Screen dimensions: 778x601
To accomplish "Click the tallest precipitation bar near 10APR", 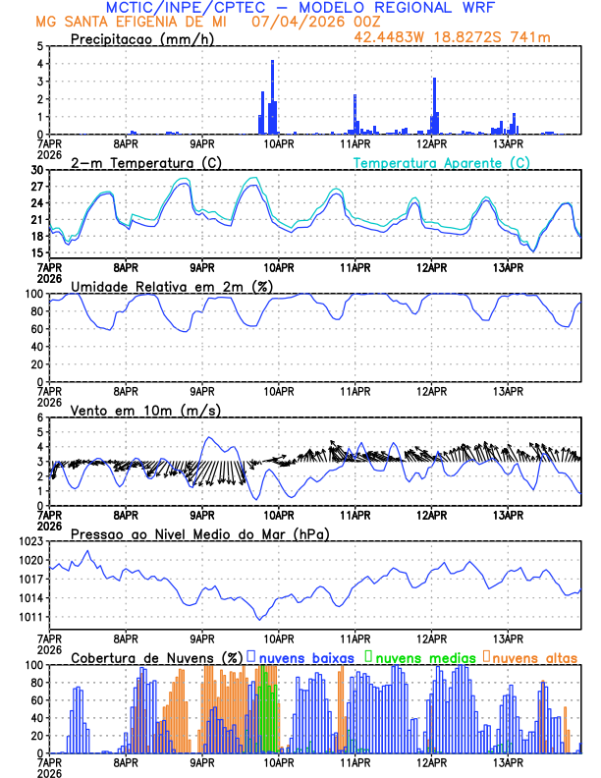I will [272, 97].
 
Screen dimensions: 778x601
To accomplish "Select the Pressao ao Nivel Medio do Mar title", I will [199, 533].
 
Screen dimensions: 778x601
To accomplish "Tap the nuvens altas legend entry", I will [534, 657].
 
